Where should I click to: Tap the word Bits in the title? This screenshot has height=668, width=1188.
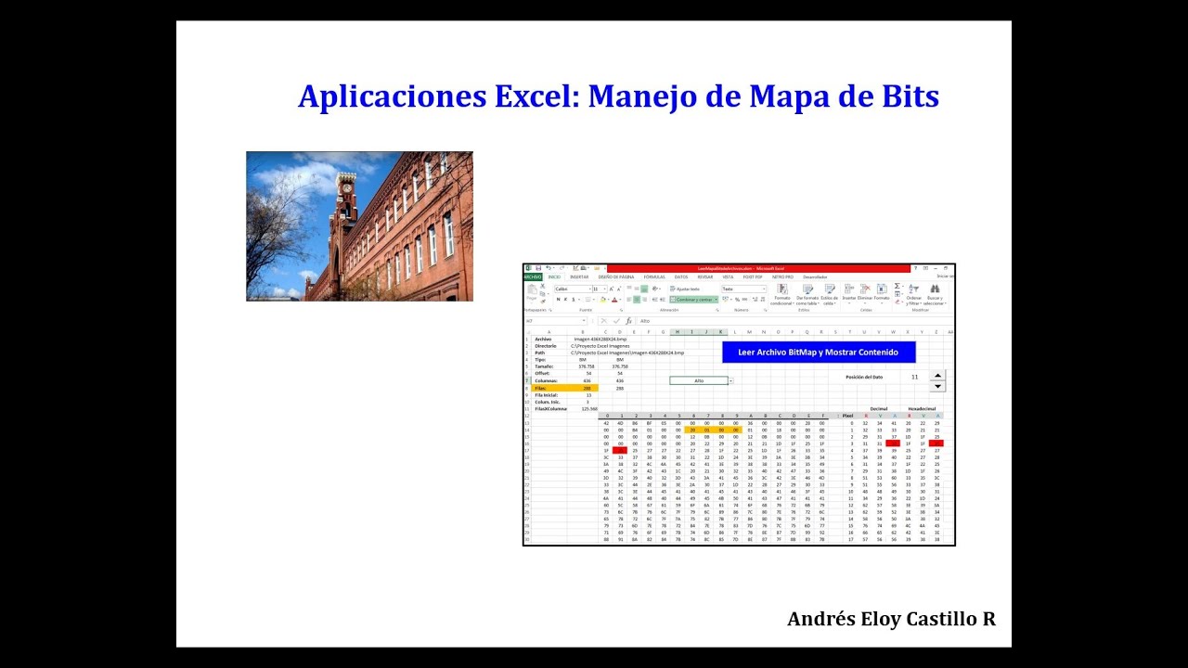point(905,96)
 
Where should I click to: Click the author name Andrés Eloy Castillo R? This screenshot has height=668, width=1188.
point(891,619)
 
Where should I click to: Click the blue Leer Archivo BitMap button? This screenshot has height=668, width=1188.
point(818,353)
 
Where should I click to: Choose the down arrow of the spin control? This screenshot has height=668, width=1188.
point(937,386)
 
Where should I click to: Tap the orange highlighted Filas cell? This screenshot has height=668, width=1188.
point(561,388)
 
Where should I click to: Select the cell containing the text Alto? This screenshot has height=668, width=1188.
point(699,380)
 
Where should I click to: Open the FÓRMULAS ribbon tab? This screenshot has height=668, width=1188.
point(654,276)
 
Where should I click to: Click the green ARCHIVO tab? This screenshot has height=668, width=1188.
point(533,276)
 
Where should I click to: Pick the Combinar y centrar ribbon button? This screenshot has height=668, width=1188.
point(694,300)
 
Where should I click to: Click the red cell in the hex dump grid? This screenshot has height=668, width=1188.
point(619,450)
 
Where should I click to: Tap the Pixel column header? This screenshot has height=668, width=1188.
point(847,416)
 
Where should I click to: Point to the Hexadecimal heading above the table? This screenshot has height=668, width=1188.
point(922,408)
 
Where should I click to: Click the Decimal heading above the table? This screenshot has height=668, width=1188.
point(879,408)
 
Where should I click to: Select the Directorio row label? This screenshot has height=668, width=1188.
point(546,345)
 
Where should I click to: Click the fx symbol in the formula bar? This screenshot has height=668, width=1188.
point(628,321)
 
